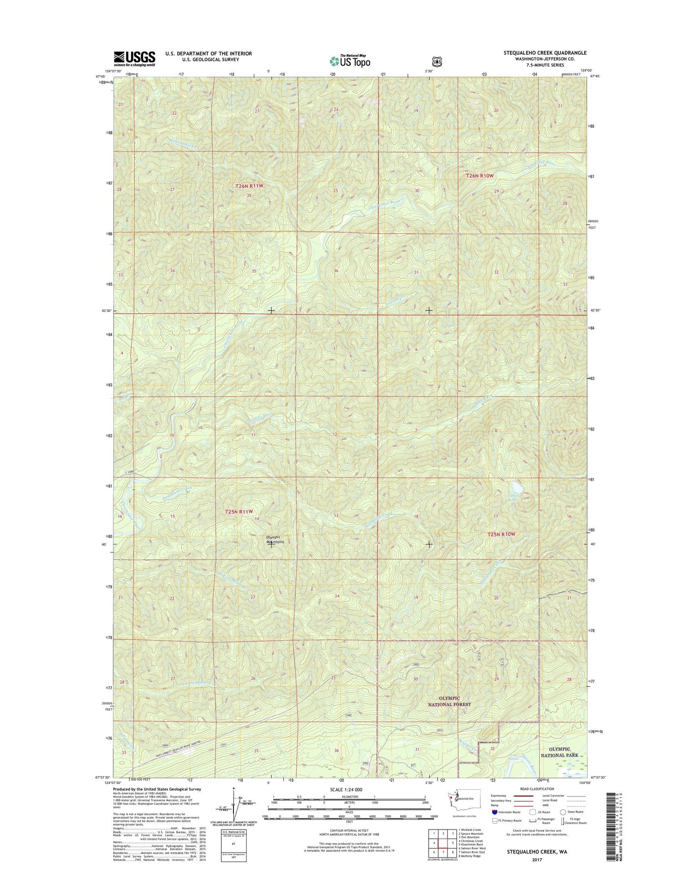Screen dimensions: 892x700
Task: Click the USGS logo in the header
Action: [134, 58]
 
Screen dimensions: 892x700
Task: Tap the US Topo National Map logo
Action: [350, 61]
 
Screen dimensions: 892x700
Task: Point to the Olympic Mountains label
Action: [275, 539]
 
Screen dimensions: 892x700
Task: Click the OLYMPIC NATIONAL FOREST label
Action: [450, 701]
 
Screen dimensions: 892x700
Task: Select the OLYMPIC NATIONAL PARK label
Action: [559, 752]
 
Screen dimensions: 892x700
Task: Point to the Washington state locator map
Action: [463, 800]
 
